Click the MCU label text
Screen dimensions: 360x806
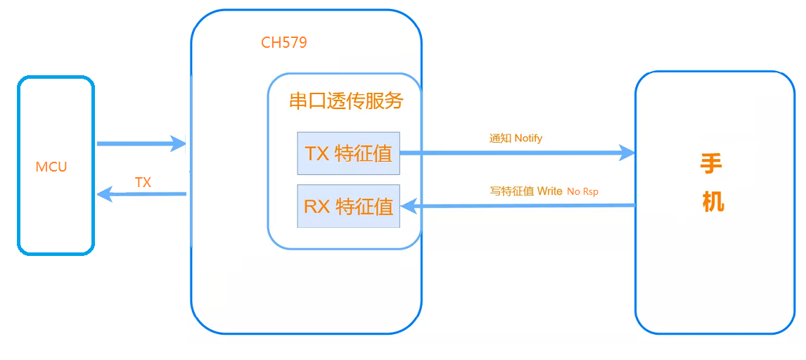pos(51,167)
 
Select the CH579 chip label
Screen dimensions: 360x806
pos(283,43)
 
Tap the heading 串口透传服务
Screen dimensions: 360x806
pos(346,101)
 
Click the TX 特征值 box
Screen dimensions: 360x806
pos(348,153)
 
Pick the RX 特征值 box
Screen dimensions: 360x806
pos(348,207)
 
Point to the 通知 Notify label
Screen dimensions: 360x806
pos(516,139)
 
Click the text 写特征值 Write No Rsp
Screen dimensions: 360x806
pos(544,191)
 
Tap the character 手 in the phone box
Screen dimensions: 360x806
pos(711,165)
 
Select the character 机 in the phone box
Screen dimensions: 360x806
pos(712,202)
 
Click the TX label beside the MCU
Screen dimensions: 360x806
pos(143,183)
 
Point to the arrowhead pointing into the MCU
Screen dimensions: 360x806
pos(104,194)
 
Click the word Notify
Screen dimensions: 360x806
pos(528,139)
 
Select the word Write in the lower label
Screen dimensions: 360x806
pos(549,191)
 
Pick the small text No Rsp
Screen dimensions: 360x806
pos(582,192)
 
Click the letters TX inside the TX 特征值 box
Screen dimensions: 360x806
pos(317,153)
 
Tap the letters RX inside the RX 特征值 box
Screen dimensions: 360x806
pos(317,207)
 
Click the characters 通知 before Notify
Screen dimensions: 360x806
pos(500,139)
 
